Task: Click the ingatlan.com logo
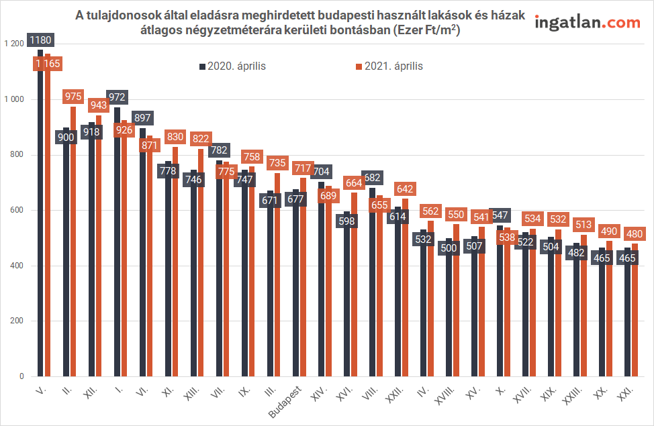click(587, 23)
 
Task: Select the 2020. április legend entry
click(232, 66)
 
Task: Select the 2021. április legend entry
click(389, 66)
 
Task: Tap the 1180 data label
click(40, 40)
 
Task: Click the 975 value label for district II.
click(73, 97)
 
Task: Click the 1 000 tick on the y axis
click(13, 99)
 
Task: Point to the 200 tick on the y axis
click(16, 321)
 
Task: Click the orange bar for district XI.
click(175, 268)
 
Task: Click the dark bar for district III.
click(271, 302)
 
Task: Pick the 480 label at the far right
click(635, 234)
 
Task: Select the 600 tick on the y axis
click(16, 211)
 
